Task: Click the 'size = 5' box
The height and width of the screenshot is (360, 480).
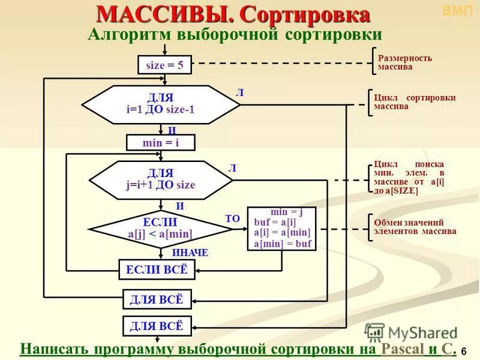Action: (x=164, y=65)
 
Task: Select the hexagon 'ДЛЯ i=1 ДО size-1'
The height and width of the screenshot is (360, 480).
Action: (x=160, y=104)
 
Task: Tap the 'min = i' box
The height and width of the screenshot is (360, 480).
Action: (x=160, y=142)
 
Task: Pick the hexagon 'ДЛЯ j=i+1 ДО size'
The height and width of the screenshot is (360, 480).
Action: (x=160, y=179)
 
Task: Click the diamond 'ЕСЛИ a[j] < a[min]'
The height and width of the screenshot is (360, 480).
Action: (x=160, y=229)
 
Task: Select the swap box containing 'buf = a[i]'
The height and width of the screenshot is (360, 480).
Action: (x=281, y=229)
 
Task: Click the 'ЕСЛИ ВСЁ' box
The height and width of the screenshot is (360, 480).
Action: (x=157, y=270)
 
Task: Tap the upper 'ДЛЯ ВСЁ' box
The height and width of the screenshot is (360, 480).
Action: (x=157, y=299)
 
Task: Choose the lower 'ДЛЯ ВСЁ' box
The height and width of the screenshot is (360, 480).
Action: (x=157, y=326)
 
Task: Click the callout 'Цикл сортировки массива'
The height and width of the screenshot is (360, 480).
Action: (x=414, y=102)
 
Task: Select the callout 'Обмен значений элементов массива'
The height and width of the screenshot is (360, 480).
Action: (x=414, y=227)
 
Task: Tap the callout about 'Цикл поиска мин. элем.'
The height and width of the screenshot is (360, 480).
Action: (x=408, y=177)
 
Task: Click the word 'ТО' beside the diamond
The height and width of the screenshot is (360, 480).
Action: (x=232, y=220)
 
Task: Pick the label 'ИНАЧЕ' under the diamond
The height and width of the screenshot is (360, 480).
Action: (x=190, y=253)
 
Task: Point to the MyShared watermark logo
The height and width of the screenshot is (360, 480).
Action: (x=411, y=332)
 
